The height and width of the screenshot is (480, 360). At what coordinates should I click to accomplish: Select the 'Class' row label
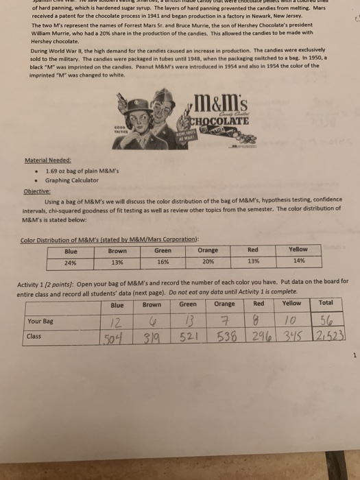(34, 336)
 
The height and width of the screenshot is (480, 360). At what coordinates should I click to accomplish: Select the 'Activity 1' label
(35, 281)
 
